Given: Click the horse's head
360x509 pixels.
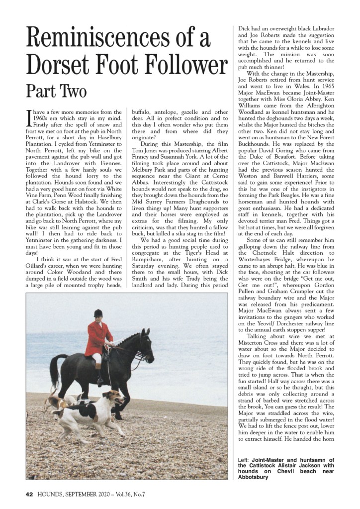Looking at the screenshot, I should point(144,344).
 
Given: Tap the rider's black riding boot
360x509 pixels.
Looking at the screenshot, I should point(101,373).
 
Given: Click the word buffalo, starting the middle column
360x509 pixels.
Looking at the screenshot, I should point(142,112).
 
